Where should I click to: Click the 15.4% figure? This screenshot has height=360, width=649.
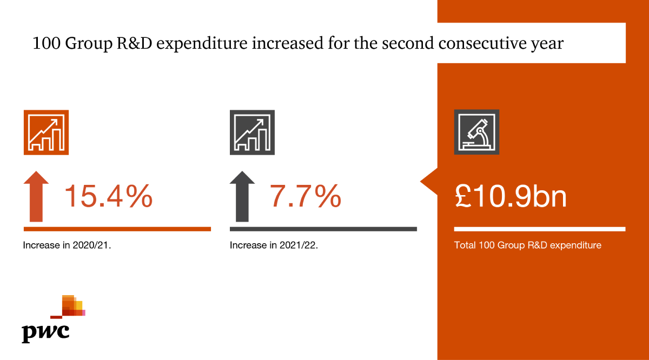[x=108, y=197]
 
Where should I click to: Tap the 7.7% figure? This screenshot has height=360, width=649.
[x=306, y=197]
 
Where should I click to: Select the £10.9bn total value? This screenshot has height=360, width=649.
[x=511, y=197]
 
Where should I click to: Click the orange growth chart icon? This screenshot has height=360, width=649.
[x=46, y=132]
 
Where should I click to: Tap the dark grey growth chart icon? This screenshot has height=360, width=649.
[x=252, y=132]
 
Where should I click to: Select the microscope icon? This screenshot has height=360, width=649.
[x=476, y=132]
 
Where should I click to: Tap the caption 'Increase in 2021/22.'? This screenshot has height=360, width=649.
[x=274, y=245]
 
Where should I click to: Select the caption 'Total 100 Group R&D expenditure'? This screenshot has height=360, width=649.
[x=528, y=245]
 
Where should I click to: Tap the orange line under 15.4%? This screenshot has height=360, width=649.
[x=117, y=229]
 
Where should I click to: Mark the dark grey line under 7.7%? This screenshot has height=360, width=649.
[x=323, y=229]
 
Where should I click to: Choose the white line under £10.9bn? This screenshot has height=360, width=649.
[x=539, y=229]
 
